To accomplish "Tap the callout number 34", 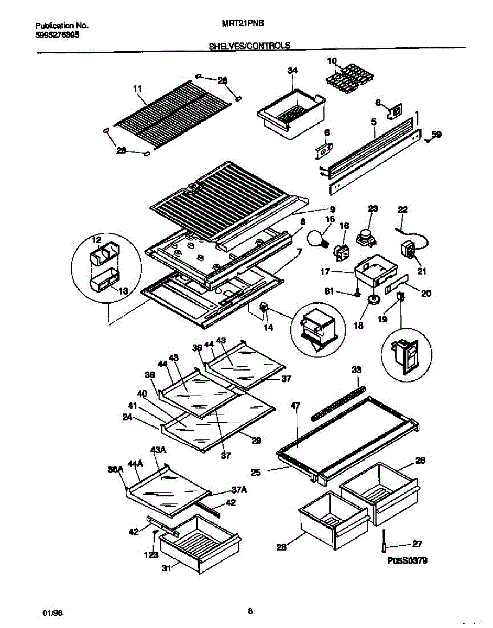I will click(x=292, y=70).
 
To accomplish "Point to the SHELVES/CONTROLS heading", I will click(x=249, y=46).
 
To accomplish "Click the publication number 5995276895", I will click(x=58, y=36).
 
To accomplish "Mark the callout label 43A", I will click(x=158, y=450).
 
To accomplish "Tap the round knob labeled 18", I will click(x=374, y=299).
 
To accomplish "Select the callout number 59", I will click(x=436, y=134).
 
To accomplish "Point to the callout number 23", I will click(x=373, y=208).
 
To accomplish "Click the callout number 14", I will click(x=268, y=328).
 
